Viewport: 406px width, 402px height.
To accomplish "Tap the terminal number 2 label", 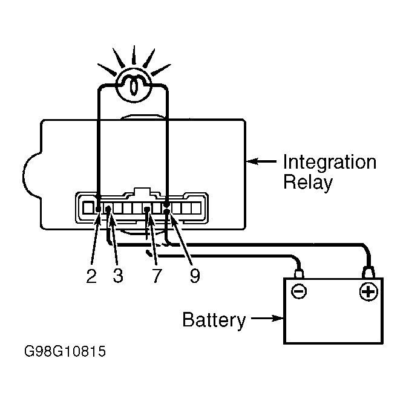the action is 91,276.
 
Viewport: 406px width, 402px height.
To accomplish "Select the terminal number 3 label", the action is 118,276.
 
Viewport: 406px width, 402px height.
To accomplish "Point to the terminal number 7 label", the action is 157,276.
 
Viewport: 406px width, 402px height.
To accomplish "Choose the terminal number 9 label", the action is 195,276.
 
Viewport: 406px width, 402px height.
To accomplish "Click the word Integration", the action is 330,162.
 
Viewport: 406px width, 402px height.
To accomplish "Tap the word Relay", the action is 308,183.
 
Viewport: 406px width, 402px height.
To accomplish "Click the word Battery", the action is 214,320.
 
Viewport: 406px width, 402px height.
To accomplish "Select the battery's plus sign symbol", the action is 368,292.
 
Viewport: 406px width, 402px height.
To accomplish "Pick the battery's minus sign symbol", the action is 299,291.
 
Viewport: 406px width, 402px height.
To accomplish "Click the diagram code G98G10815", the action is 65,351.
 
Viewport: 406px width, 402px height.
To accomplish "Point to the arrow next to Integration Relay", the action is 261,161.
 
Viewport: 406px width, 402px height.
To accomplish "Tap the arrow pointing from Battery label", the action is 267,318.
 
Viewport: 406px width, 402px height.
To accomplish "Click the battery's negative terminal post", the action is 299,274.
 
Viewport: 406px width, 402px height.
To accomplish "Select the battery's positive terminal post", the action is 368,273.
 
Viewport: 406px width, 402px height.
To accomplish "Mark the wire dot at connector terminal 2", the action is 98,209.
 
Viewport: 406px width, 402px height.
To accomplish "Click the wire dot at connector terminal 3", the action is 109,208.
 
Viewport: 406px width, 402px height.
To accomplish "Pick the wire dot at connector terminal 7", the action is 147,209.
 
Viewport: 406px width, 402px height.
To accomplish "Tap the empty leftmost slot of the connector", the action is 88,208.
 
